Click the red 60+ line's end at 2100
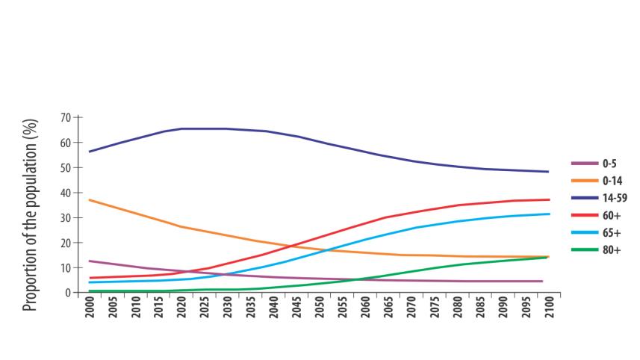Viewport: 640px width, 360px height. [x=549, y=199]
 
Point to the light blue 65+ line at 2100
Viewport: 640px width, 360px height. [x=549, y=214]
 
